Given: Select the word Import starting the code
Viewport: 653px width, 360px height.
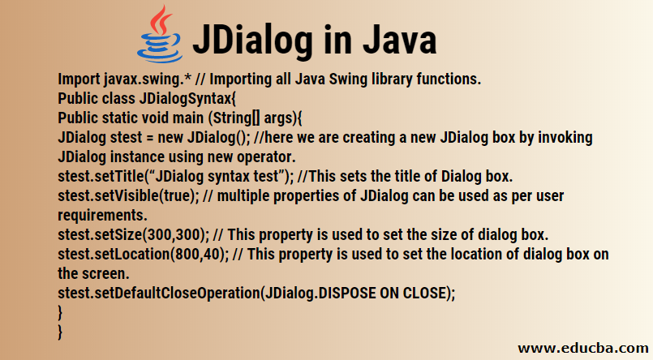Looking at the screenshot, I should [x=79, y=79].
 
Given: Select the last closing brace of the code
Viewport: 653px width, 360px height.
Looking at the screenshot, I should [x=61, y=331].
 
